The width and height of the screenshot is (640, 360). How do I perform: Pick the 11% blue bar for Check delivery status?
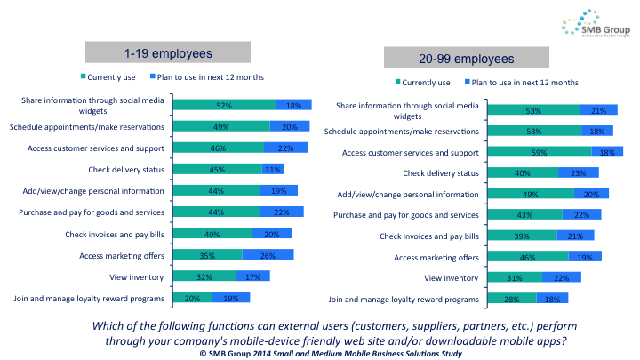[x=272, y=169]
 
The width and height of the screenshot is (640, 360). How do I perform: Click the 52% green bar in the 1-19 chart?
[x=224, y=105]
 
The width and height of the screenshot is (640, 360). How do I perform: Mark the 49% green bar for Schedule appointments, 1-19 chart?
[x=221, y=126]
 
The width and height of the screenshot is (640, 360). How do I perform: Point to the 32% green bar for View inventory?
[x=204, y=276]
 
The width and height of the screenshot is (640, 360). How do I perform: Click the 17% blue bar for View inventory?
[x=254, y=276]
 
